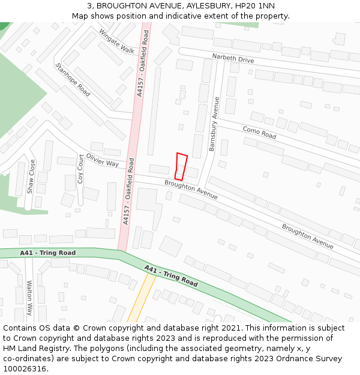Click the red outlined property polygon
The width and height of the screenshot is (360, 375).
181,167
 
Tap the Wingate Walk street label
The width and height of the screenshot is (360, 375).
118,41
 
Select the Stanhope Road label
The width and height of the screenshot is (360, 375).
73,80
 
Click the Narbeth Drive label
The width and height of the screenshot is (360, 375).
233,58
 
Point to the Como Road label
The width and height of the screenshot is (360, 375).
259,133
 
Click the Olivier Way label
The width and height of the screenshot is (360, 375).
103,160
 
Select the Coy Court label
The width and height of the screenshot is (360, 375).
80,169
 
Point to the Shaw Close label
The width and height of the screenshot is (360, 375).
31,176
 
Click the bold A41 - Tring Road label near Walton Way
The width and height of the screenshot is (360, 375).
48,253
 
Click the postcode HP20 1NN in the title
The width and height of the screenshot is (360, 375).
255,6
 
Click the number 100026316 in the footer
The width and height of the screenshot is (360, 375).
25,369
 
